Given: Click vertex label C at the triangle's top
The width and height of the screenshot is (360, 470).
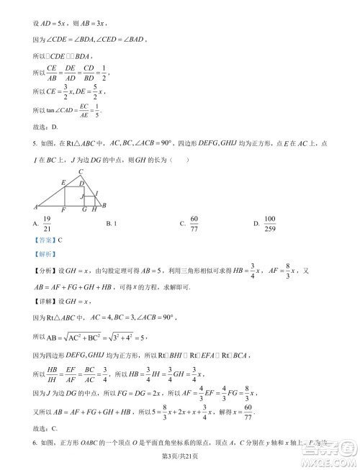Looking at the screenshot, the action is pyautogui.click(x=81, y=171).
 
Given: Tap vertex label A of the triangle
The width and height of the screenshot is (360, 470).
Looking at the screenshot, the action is pyautogui.click(x=35, y=207).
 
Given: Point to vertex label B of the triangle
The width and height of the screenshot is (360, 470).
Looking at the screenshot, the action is pyautogui.click(x=105, y=205).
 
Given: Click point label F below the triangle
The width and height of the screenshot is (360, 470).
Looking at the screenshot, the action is pyautogui.click(x=64, y=211).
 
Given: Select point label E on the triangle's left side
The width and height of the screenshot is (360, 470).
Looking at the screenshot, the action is pyautogui.click(x=63, y=181).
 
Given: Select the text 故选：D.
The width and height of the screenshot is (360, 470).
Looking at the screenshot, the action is pyautogui.click(x=45, y=127).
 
